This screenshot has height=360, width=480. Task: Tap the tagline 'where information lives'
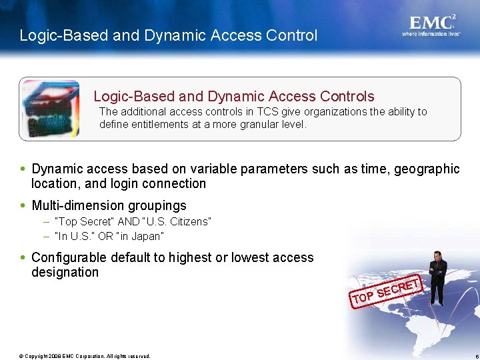click(431, 33)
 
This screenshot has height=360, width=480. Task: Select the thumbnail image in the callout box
click(51, 109)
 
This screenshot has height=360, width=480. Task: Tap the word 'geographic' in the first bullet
click(427, 169)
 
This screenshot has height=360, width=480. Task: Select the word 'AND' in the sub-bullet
click(128, 221)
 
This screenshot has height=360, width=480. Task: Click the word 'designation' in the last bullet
click(65, 272)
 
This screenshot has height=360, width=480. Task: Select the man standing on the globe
click(437, 278)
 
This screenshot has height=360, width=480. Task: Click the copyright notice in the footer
click(85, 356)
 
